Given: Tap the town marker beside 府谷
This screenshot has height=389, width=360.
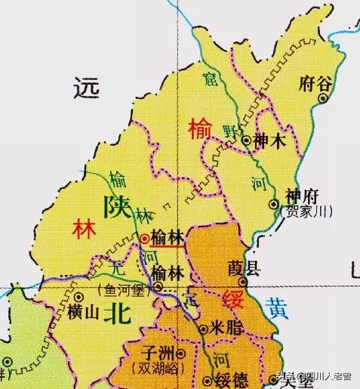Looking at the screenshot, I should [x=325, y=98].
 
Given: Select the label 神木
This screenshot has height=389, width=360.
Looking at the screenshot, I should [x=270, y=140].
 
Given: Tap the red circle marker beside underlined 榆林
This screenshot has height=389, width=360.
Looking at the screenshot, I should [x=144, y=238].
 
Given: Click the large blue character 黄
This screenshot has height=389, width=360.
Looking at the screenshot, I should [x=277, y=307].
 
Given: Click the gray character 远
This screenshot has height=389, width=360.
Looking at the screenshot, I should [x=87, y=88].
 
